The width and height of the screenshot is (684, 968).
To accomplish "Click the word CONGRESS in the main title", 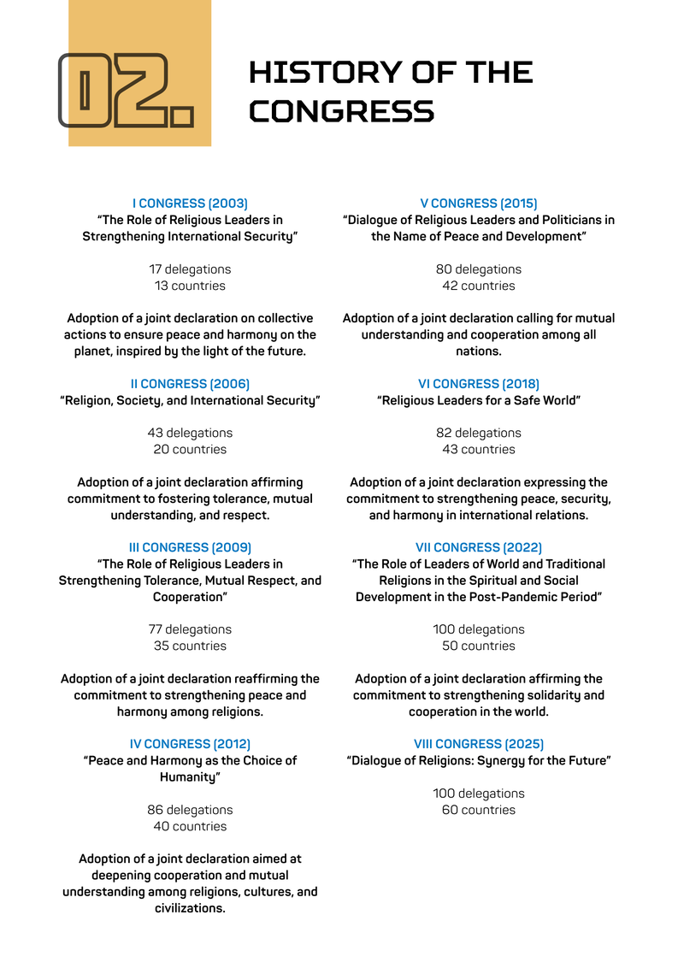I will pyautogui.click(x=341, y=111).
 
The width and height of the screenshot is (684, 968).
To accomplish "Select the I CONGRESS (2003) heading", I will pyautogui.click(x=190, y=204).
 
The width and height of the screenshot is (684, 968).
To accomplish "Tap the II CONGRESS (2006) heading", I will pyautogui.click(x=190, y=384).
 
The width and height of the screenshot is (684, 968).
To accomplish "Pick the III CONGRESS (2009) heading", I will pyautogui.click(x=190, y=547).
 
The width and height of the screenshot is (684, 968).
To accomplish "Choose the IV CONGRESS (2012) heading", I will pyautogui.click(x=190, y=744).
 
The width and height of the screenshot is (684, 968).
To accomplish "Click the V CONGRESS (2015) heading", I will pyautogui.click(x=479, y=204).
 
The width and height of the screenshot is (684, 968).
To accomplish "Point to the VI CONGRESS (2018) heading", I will pyautogui.click(x=479, y=384).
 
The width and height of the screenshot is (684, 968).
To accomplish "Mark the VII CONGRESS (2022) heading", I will pyautogui.click(x=479, y=547).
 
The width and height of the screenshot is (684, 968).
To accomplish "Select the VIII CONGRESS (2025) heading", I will pyautogui.click(x=479, y=744).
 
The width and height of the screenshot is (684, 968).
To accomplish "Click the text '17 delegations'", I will pyautogui.click(x=190, y=269).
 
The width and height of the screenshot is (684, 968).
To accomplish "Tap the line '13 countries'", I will pyautogui.click(x=190, y=286).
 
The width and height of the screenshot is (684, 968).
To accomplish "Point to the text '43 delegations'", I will pyautogui.click(x=190, y=433).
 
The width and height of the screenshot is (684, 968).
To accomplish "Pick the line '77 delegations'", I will pyautogui.click(x=190, y=629).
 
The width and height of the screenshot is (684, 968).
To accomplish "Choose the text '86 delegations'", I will pyautogui.click(x=190, y=810).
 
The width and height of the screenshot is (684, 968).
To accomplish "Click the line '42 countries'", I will pyautogui.click(x=479, y=286).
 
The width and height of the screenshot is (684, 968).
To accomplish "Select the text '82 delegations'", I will pyautogui.click(x=479, y=433).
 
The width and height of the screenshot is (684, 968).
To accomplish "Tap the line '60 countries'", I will pyautogui.click(x=479, y=810).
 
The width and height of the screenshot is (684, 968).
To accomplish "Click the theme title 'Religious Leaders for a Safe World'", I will pyautogui.click(x=479, y=400).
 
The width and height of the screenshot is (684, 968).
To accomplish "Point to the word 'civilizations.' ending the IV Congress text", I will pyautogui.click(x=190, y=908).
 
